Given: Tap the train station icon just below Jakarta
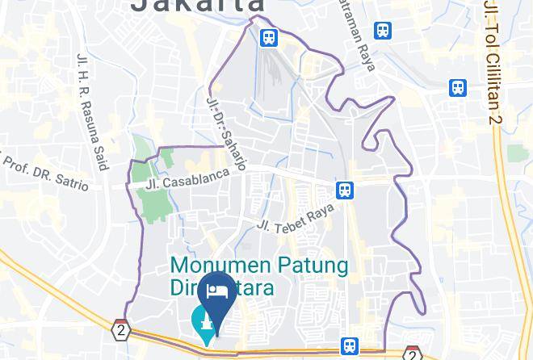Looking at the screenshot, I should tap(268, 37).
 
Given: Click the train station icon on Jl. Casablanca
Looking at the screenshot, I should tap(345, 190).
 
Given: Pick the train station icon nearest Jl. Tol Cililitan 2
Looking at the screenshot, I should tap(458, 87).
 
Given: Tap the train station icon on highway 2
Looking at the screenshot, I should tap(349, 346).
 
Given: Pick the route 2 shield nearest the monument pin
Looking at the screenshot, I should tap(121, 330).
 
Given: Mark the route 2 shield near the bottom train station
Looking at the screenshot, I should tap(412, 354).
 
